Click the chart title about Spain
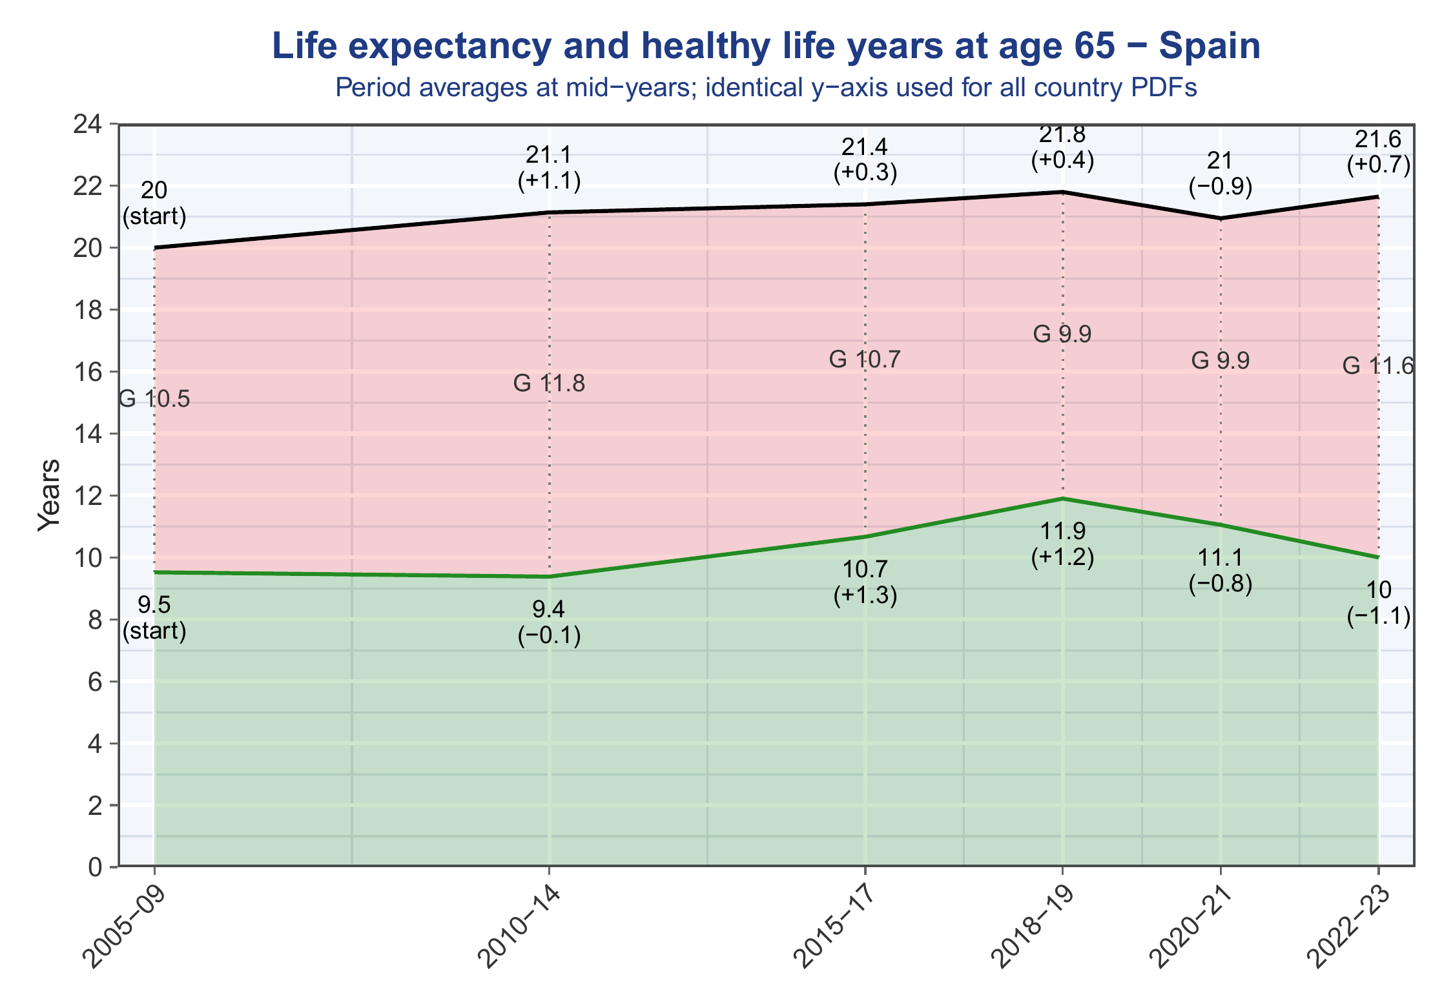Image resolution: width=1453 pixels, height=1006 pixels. [x=766, y=46]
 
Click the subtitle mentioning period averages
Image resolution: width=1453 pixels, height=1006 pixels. [x=766, y=87]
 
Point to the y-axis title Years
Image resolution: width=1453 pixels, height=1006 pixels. [x=49, y=495]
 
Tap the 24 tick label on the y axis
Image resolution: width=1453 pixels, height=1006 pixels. [x=89, y=124]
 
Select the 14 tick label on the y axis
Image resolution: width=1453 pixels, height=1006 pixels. [x=89, y=434]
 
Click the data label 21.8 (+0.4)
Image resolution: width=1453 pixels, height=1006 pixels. [x=1062, y=148]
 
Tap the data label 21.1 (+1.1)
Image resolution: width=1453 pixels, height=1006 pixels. [x=549, y=169]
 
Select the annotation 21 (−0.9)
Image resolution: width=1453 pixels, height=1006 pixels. [x=1221, y=174]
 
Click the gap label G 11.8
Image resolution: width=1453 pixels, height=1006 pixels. [x=549, y=384]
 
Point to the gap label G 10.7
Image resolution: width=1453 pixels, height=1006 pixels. [x=865, y=359]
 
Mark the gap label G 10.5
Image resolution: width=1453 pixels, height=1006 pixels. [x=154, y=400]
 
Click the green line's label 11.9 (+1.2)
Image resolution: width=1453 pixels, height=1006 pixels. [x=1062, y=545]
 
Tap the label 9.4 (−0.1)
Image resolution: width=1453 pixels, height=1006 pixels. [x=549, y=623]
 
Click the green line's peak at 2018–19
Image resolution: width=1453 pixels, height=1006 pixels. [x=1062, y=498]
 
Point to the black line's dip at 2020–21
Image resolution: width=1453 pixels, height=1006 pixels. [x=1221, y=218]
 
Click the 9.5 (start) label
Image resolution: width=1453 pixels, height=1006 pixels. [x=154, y=619]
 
